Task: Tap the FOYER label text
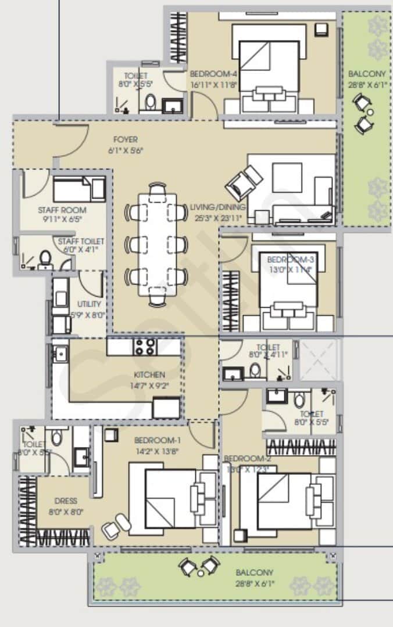(x=126, y=140)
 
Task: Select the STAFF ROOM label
(x=62, y=210)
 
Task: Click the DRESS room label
(x=66, y=501)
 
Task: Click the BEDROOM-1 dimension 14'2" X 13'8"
(x=158, y=449)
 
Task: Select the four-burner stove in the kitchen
(x=145, y=347)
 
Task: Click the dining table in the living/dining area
(x=157, y=244)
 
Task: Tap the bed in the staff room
(x=78, y=189)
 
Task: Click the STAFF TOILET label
(x=81, y=242)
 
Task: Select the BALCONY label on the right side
(x=366, y=74)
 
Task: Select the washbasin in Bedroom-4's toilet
(x=173, y=106)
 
